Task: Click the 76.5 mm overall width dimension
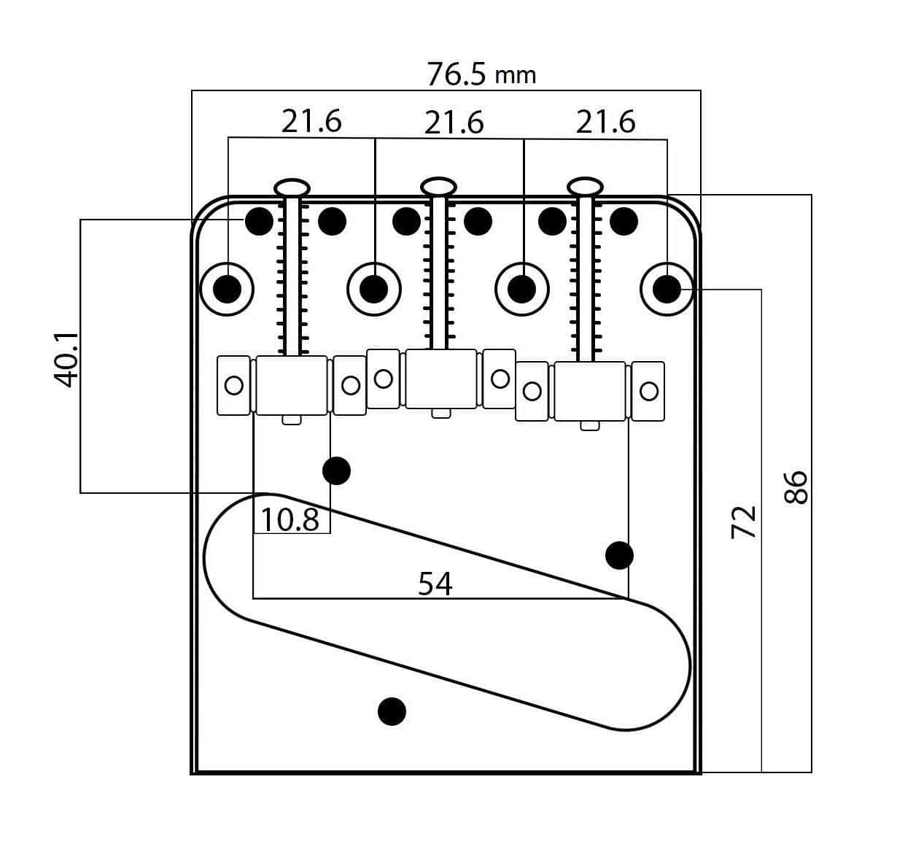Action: [481, 74]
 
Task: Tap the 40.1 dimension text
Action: [66, 359]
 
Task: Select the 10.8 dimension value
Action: [290, 519]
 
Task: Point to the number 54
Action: [435, 583]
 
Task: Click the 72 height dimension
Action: [745, 522]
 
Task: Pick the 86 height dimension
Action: [796, 487]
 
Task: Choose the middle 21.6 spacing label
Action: [454, 123]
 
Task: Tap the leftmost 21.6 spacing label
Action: [311, 121]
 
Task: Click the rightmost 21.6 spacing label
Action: [605, 122]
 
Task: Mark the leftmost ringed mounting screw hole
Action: [228, 290]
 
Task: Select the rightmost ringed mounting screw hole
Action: [666, 290]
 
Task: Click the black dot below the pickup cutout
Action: [392, 710]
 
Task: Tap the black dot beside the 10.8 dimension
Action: [336, 471]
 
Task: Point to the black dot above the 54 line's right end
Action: [619, 555]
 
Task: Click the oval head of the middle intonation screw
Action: [439, 186]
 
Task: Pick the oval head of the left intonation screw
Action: [292, 187]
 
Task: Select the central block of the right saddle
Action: [589, 391]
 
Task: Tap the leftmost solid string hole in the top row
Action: [259, 220]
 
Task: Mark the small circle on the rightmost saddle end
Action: [648, 391]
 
